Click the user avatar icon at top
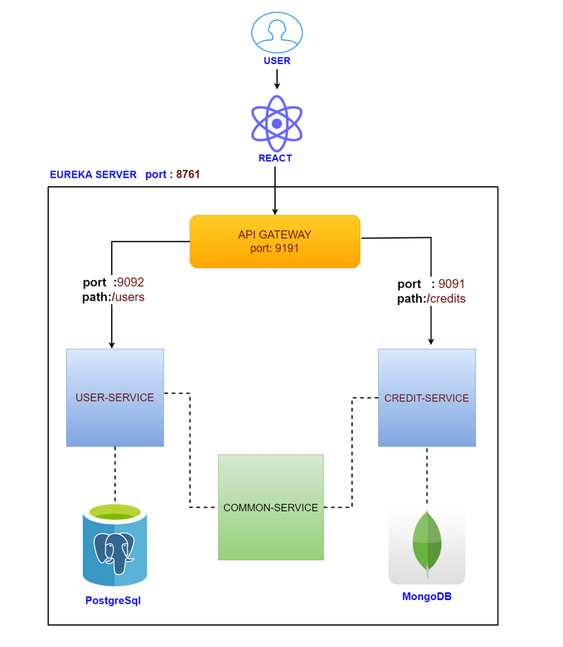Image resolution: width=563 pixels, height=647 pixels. pyautogui.click(x=276, y=32)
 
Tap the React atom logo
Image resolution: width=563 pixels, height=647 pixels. pyautogui.click(x=276, y=123)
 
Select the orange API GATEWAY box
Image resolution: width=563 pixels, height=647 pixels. pyautogui.click(x=275, y=241)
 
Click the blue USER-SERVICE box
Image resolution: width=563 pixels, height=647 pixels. pyautogui.click(x=115, y=397)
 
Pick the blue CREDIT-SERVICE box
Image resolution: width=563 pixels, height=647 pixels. pyautogui.click(x=427, y=397)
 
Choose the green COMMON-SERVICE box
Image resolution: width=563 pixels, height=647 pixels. pyautogui.click(x=271, y=507)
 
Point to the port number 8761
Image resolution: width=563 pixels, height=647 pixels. pyautogui.click(x=188, y=175)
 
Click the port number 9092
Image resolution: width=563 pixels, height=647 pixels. pyautogui.click(x=131, y=282)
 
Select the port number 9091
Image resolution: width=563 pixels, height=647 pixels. pyautogui.click(x=453, y=284)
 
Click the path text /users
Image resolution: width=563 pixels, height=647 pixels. pyautogui.click(x=129, y=297)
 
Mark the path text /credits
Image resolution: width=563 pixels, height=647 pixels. pyautogui.click(x=447, y=299)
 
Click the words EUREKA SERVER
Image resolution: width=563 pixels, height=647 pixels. pyautogui.click(x=93, y=175)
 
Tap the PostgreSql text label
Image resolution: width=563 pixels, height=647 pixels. pyautogui.click(x=113, y=600)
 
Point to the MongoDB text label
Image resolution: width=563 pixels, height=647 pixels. pyautogui.click(x=427, y=597)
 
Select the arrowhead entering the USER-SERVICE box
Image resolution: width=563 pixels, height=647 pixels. pyautogui.click(x=112, y=344)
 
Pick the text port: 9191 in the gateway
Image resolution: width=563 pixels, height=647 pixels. pyautogui.click(x=275, y=248)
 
